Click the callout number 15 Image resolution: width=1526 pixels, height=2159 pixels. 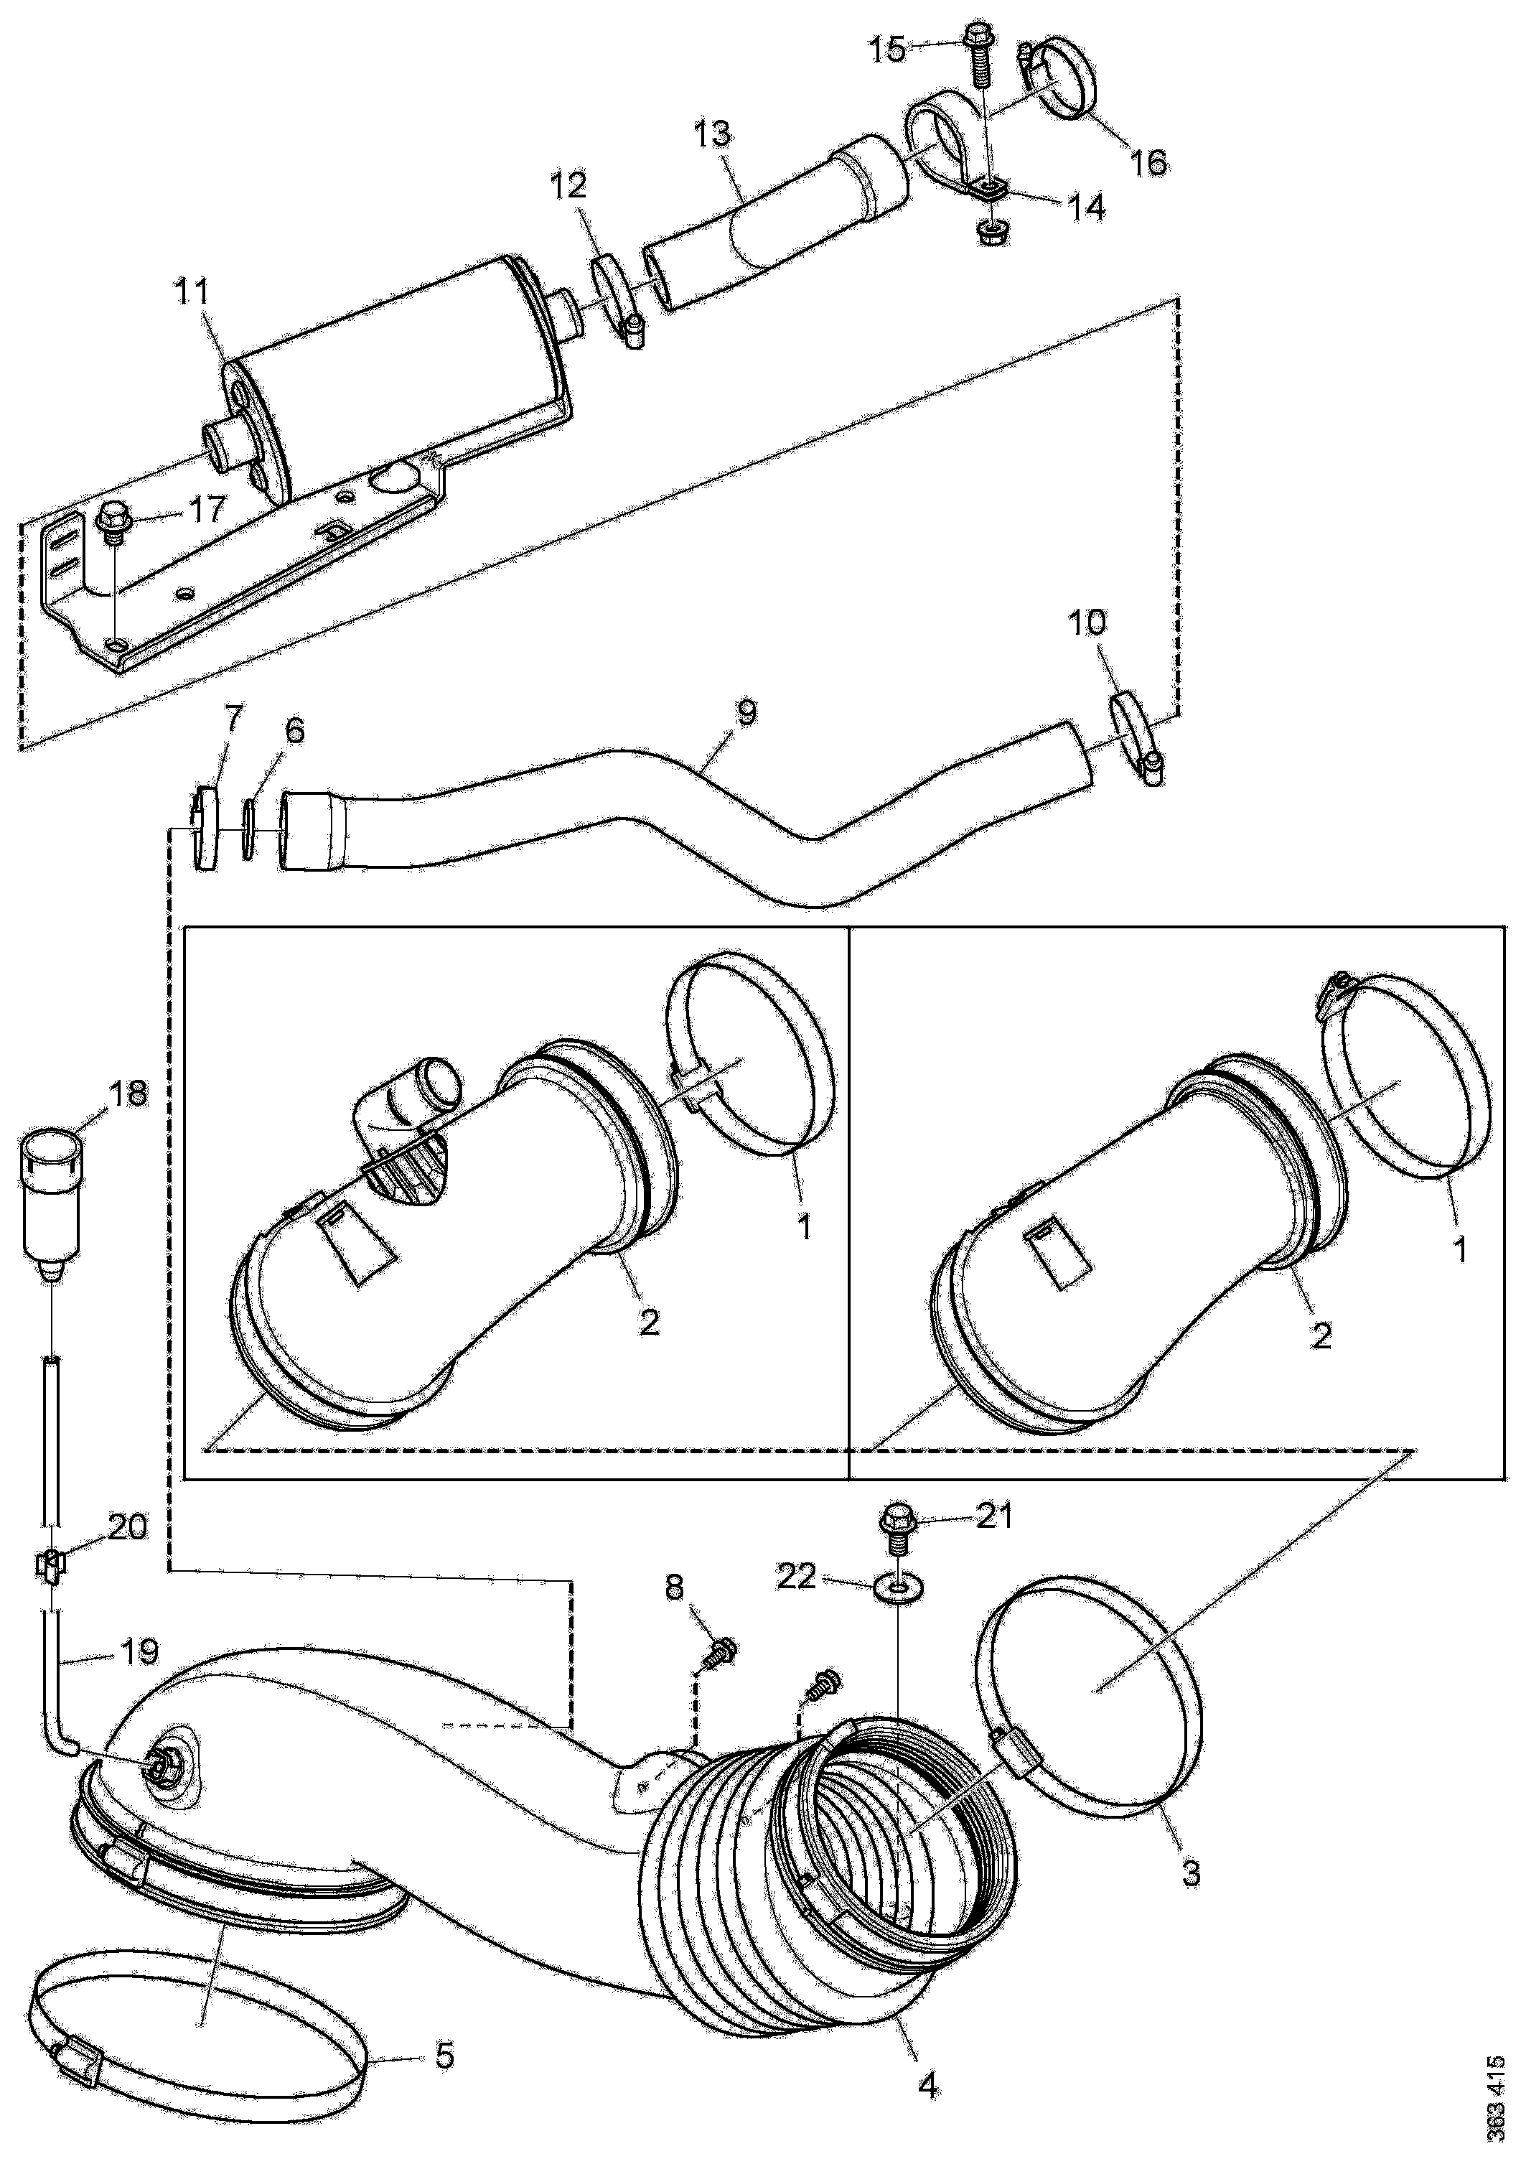(x=886, y=48)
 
